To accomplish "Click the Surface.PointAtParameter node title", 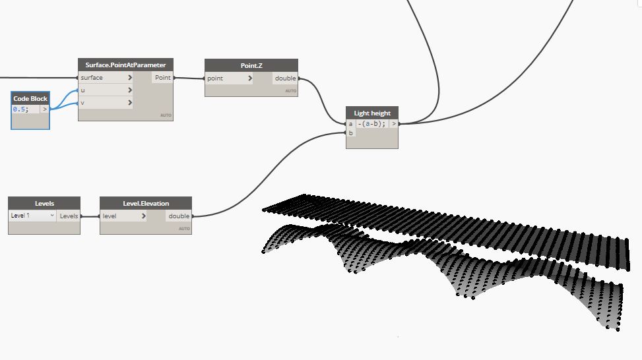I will coord(125,65).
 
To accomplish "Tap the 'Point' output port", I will coord(162,78).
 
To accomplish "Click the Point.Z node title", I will coord(251,65).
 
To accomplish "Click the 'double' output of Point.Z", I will coord(286,78).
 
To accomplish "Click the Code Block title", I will coord(30,98).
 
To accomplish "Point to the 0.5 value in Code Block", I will coord(21,109).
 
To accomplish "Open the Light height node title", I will coord(372,113).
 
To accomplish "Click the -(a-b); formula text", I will coord(371,123).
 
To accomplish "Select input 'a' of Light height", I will coord(350,123).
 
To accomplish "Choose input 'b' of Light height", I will coord(350,133).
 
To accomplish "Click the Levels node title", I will coord(44,203).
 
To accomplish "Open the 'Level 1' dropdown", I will coord(33,216).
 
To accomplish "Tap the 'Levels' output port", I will coord(69,216).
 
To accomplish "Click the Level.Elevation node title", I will coord(146,203).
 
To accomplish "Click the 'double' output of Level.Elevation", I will coord(179,216).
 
